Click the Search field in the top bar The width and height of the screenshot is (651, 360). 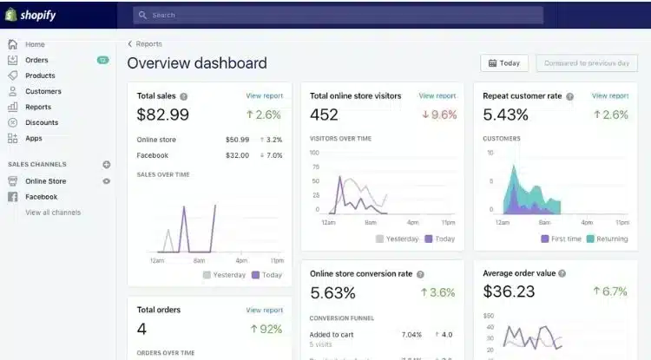click(339, 15)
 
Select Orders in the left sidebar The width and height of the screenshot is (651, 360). click(36, 60)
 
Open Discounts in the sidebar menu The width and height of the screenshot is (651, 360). click(42, 122)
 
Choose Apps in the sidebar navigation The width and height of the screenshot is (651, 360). click(34, 138)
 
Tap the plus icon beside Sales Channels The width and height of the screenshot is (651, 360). click(107, 164)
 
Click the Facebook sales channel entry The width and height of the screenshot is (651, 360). click(41, 197)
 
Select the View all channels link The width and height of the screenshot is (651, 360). click(53, 213)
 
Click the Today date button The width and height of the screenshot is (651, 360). click(504, 63)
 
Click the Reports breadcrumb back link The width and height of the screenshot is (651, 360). click(145, 44)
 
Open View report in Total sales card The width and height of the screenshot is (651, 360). click(264, 96)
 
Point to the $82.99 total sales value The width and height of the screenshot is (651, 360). click(163, 115)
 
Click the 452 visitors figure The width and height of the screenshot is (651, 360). click(324, 115)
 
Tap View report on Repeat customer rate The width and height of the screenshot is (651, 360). click(610, 96)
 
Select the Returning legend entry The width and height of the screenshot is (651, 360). click(607, 239)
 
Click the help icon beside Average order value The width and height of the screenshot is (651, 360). click(562, 273)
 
